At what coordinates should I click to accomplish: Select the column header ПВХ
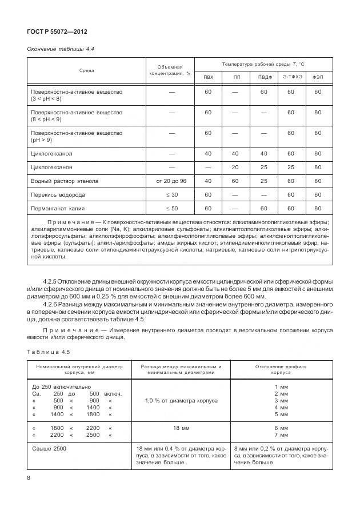coord(209,77)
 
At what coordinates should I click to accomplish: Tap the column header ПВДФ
coord(263,77)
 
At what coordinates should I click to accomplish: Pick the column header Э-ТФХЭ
coord(291,77)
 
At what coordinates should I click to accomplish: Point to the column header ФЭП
coord(317,77)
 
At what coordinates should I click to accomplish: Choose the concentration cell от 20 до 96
coord(171,181)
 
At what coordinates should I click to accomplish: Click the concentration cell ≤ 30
coord(171,195)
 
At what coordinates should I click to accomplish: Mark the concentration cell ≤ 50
coord(171,209)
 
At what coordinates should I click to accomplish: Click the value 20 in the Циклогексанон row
coord(236,168)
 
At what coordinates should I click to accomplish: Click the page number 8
coord(29,477)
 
